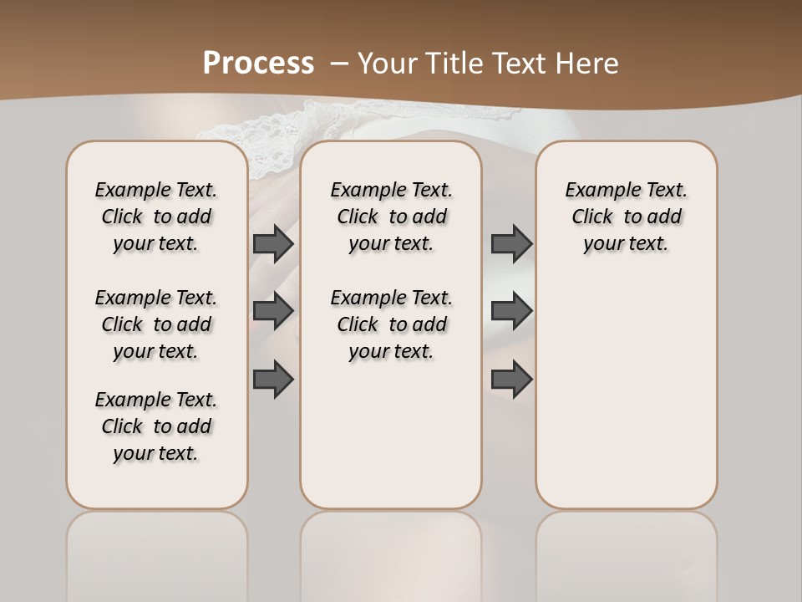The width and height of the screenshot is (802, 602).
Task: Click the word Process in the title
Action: (x=258, y=64)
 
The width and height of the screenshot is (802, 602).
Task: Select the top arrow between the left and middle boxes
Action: (x=273, y=243)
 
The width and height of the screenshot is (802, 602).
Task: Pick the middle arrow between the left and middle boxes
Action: (x=273, y=311)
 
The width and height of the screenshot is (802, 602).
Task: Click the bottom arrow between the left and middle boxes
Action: (x=273, y=379)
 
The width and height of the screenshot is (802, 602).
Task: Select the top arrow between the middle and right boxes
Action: (x=511, y=243)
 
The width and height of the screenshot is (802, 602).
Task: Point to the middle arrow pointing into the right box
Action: (x=511, y=311)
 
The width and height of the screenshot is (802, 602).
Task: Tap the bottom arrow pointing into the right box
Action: (x=511, y=379)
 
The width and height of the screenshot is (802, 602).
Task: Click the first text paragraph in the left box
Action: (x=156, y=217)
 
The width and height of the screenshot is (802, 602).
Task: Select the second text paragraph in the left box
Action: (x=156, y=324)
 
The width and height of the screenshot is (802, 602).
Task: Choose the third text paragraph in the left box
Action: (x=156, y=426)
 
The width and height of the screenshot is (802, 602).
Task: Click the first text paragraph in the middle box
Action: (x=391, y=217)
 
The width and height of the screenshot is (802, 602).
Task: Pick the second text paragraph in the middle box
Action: (x=391, y=324)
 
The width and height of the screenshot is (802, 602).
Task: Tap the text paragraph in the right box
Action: (x=626, y=217)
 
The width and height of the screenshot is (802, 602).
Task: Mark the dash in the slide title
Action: (x=340, y=64)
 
